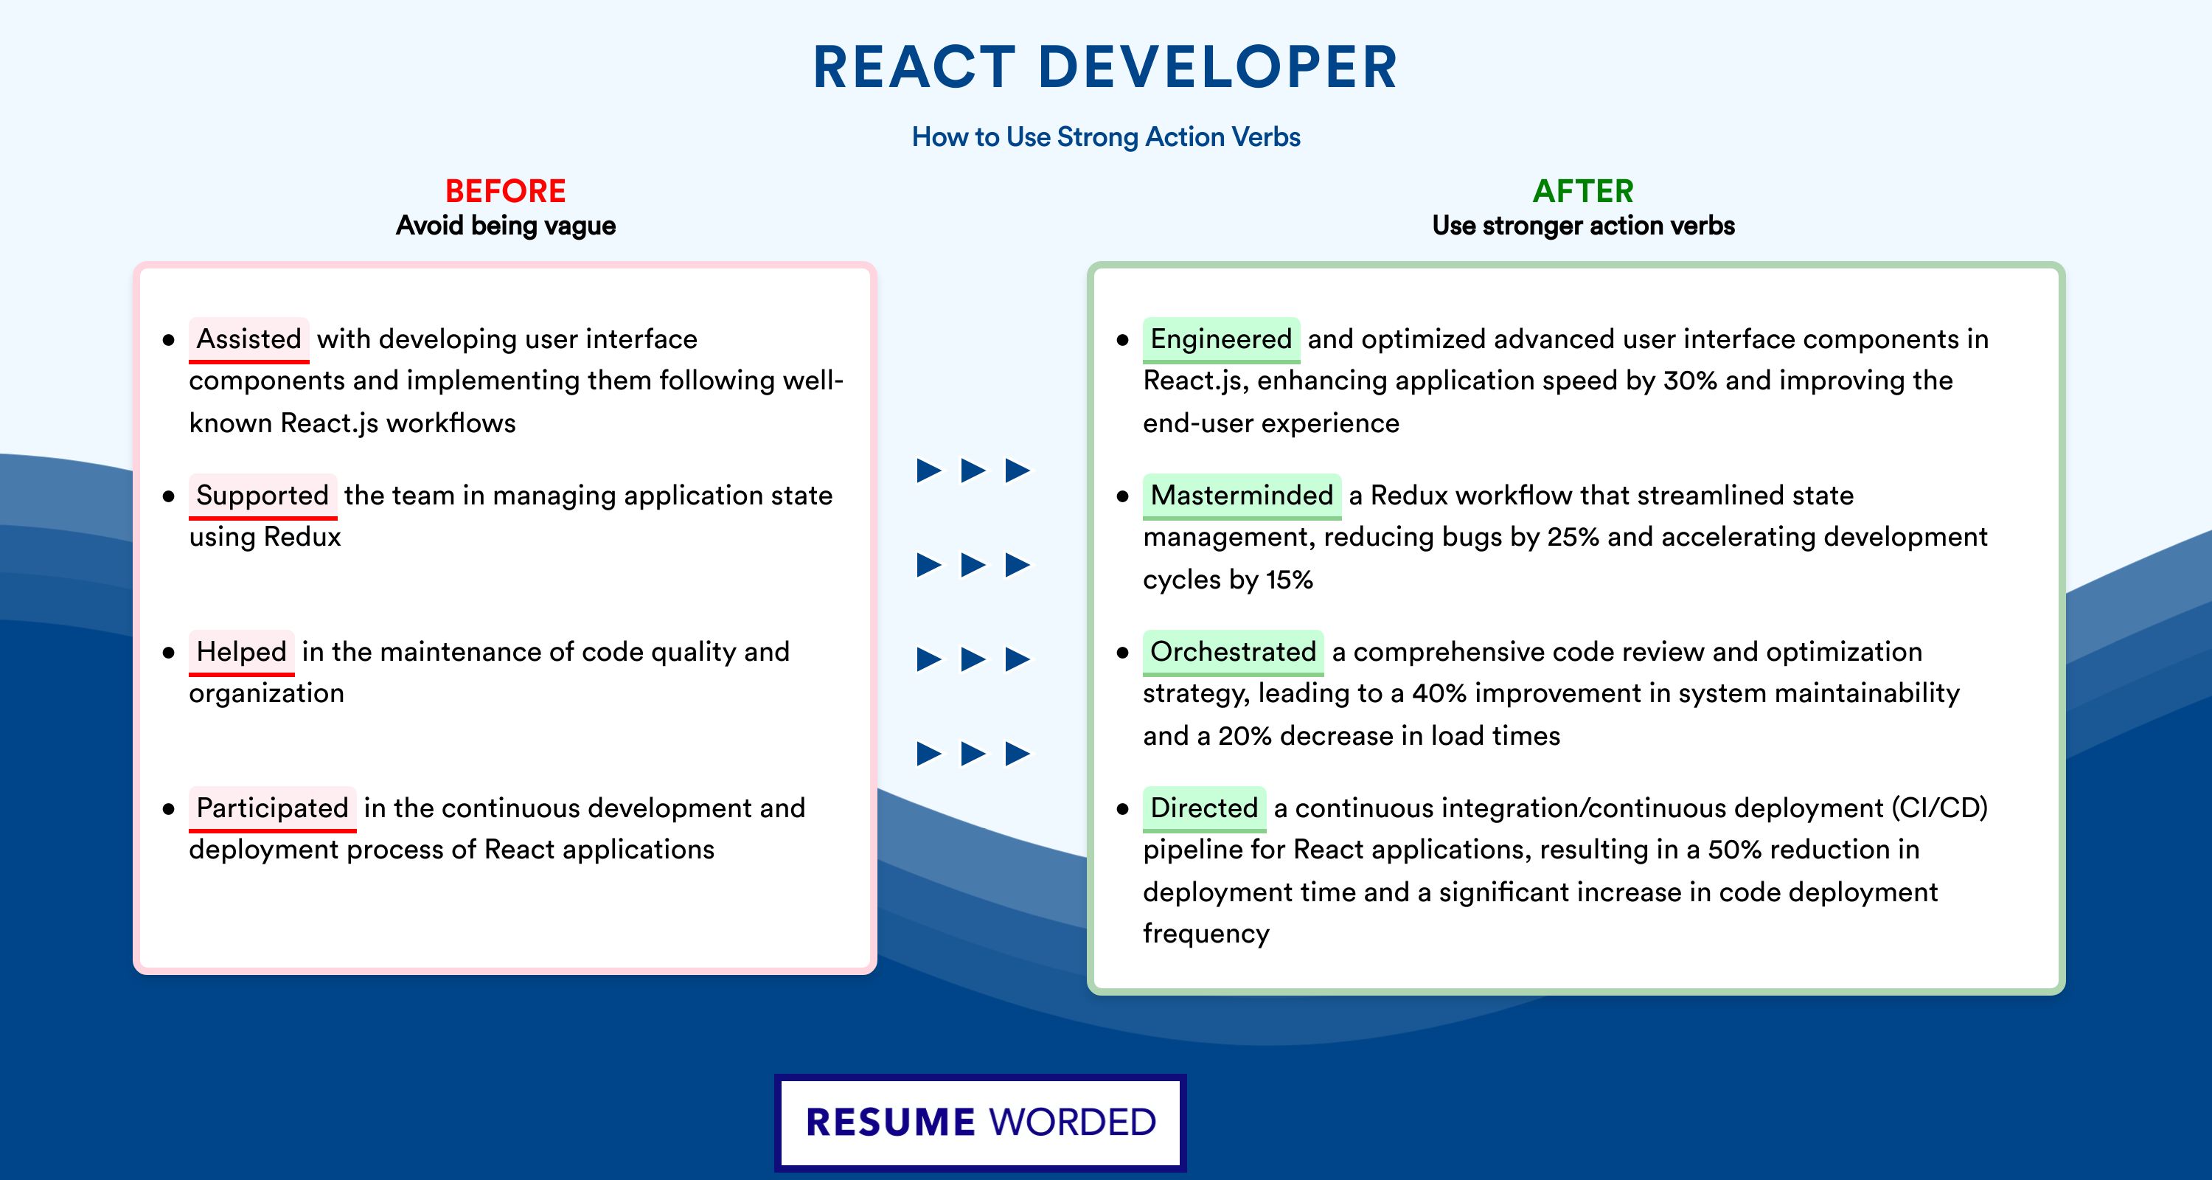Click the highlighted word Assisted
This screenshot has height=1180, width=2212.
point(249,339)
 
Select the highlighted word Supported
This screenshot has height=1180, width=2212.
point(262,496)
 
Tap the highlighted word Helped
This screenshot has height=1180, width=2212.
point(241,652)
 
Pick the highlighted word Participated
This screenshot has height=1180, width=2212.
point(272,808)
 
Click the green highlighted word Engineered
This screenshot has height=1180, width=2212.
point(1221,339)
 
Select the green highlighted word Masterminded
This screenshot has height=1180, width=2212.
point(1242,496)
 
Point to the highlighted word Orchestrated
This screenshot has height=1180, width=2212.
point(1233,652)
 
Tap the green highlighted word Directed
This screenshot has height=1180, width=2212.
point(1204,808)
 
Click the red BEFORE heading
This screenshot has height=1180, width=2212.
point(506,191)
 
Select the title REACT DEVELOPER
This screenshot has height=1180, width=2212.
point(1105,67)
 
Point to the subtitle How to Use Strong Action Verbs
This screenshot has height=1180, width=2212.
point(1106,136)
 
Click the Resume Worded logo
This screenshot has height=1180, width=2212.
point(981,1122)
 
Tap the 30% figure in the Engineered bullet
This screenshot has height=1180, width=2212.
point(1690,381)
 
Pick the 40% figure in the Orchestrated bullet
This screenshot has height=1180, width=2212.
point(1439,693)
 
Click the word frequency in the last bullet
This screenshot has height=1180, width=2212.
point(1206,934)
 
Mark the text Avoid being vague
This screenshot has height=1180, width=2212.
point(506,226)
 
